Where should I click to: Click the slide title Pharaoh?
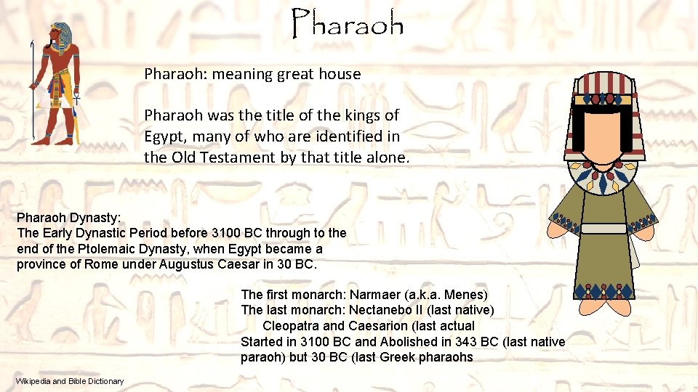pyautogui.click(x=348, y=25)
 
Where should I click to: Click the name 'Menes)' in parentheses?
pyautogui.click(x=465, y=295)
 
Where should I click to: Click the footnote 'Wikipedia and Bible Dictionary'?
pyautogui.click(x=70, y=381)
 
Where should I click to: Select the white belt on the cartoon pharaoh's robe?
pyautogui.click(x=603, y=229)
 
